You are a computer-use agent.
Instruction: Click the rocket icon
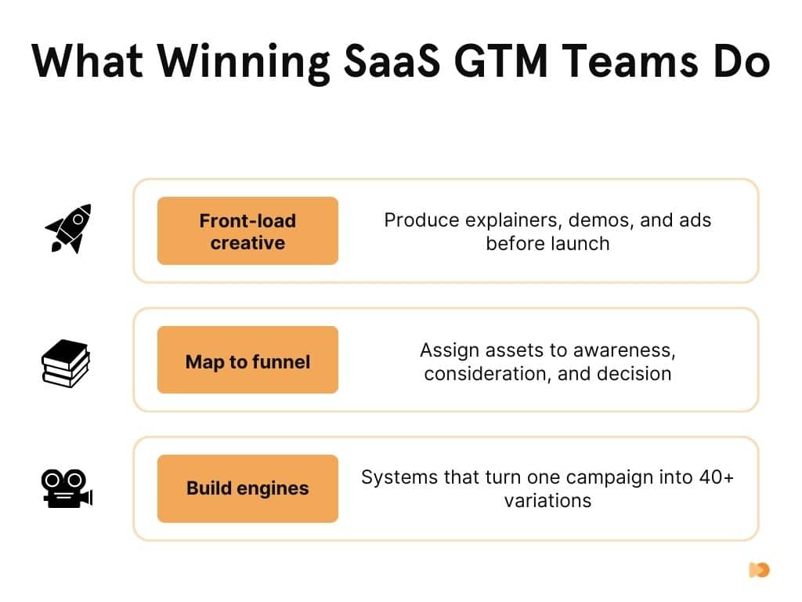point(68,228)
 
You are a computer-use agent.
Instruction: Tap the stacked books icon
point(65,363)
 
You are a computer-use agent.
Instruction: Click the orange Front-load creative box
point(247,231)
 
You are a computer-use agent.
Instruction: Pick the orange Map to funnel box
point(247,361)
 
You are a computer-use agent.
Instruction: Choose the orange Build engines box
point(247,488)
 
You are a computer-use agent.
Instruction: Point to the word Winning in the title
point(236,61)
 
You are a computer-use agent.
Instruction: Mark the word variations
point(547,500)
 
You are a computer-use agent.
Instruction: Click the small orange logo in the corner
point(758,570)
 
